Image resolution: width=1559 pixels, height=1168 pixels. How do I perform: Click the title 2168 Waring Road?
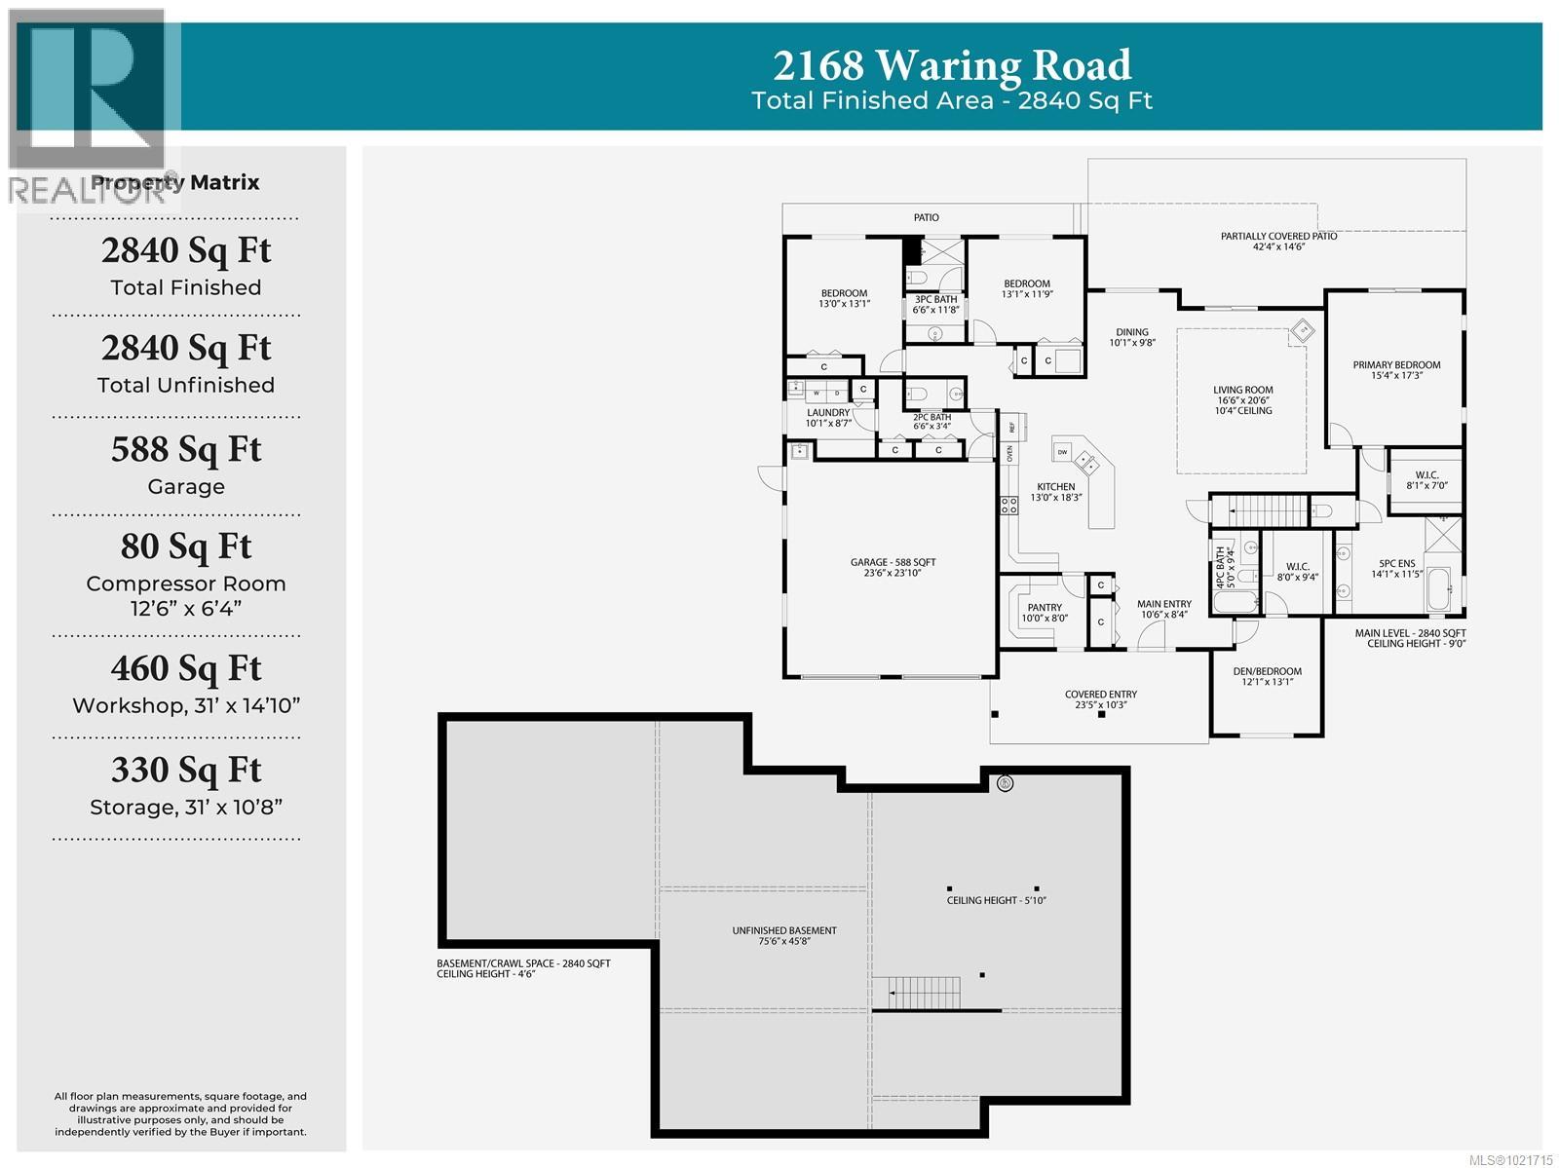(x=952, y=65)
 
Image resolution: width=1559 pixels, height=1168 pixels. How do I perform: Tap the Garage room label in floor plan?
(x=893, y=562)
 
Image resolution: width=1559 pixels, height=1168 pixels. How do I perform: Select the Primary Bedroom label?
(x=1396, y=365)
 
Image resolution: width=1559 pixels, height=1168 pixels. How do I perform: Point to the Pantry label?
(x=1045, y=608)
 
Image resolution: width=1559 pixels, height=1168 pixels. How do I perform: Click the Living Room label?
(x=1242, y=390)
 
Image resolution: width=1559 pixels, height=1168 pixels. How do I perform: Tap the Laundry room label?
(x=828, y=413)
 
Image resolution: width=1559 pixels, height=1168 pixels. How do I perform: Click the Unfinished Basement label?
(x=784, y=931)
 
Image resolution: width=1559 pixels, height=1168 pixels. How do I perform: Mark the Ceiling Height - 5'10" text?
(x=996, y=900)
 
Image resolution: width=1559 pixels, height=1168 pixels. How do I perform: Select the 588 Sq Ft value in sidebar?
(x=186, y=449)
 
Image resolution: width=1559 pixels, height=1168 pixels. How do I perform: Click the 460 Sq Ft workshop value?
(x=186, y=668)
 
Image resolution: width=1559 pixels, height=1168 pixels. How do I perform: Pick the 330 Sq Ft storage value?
(x=186, y=770)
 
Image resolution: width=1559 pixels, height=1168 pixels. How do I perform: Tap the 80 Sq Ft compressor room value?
(x=186, y=546)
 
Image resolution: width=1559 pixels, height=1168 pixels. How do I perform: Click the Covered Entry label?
(x=1100, y=695)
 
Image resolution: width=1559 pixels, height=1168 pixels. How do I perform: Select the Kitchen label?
(x=1055, y=487)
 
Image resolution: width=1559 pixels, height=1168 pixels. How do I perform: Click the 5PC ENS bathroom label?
(x=1396, y=563)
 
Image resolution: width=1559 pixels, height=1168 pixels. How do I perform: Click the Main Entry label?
(x=1163, y=604)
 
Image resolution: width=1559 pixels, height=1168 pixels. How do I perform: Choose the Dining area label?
(x=1132, y=332)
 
